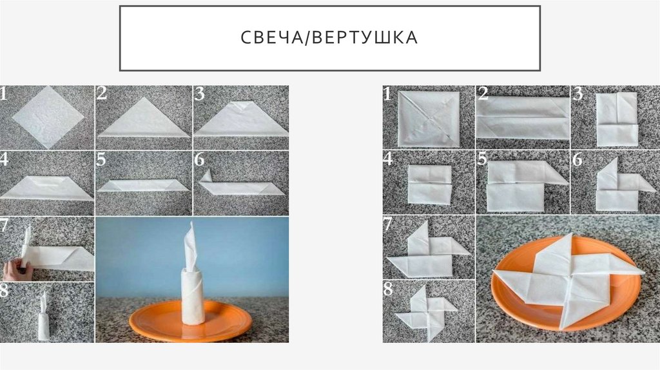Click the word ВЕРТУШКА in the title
(x=365, y=37)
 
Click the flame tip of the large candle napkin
(x=192, y=224)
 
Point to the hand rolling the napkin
(x=17, y=270)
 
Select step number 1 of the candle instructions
(x=3, y=93)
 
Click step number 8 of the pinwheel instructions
(x=388, y=289)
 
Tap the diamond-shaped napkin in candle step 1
(x=48, y=117)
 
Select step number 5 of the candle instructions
(x=101, y=160)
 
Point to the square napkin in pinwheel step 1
(x=429, y=118)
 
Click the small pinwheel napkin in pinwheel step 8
(x=425, y=313)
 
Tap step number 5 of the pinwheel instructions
(x=482, y=159)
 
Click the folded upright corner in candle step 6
(x=207, y=175)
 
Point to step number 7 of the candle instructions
(x=4, y=225)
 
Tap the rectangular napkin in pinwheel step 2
(x=522, y=117)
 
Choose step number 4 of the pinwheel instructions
(x=387, y=159)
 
